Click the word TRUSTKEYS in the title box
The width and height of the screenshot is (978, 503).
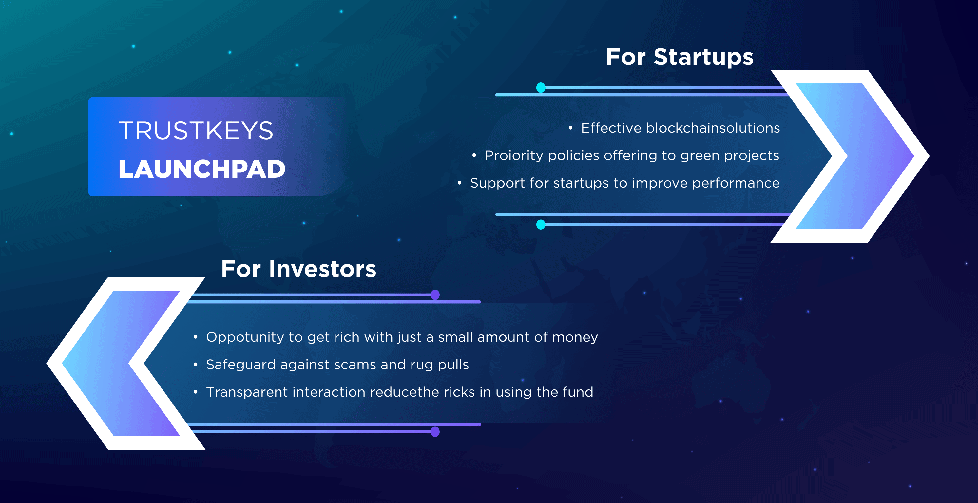point(196,131)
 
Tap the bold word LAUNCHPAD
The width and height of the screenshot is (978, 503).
point(201,169)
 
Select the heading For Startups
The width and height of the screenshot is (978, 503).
point(679,57)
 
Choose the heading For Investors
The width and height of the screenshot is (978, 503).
point(298,269)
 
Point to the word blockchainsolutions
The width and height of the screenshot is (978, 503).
point(713,128)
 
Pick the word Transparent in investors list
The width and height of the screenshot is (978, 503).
point(246,392)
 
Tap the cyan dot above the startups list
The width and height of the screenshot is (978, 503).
point(541,88)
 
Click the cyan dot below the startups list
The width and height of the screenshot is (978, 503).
point(541,225)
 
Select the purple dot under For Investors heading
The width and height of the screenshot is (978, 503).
point(435,295)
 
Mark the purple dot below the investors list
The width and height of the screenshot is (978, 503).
point(435,432)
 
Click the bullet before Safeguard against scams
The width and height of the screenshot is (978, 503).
point(196,365)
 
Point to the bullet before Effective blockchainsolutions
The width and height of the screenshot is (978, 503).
point(570,128)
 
